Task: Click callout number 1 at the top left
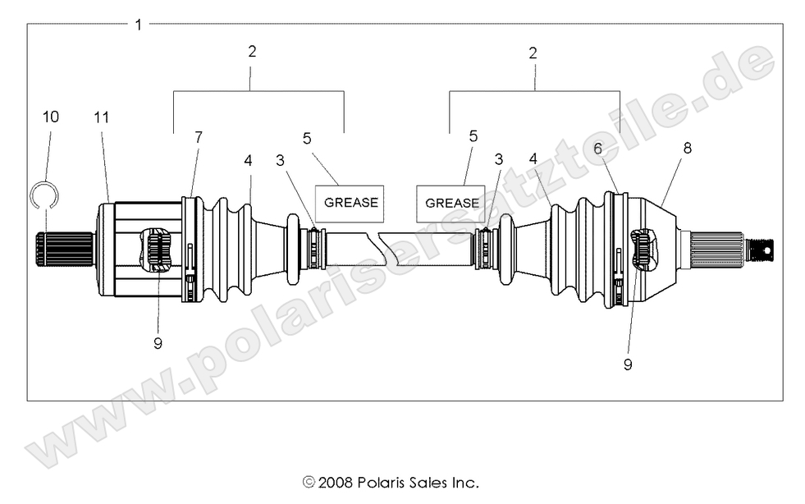[x=139, y=25]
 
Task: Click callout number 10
[x=50, y=117]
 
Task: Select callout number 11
[x=101, y=117]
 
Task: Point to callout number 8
[x=687, y=149]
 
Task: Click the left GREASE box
[x=351, y=202]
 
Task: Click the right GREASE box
[x=452, y=203]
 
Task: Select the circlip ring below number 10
[x=46, y=195]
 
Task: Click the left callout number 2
[x=252, y=51]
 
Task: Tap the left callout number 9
[x=158, y=343]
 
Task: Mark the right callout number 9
[x=628, y=364]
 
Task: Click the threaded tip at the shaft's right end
[x=762, y=249]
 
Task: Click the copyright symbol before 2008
[x=309, y=482]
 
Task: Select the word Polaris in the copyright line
[x=381, y=482]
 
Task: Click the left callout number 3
[x=281, y=160]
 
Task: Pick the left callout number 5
[x=307, y=139]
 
